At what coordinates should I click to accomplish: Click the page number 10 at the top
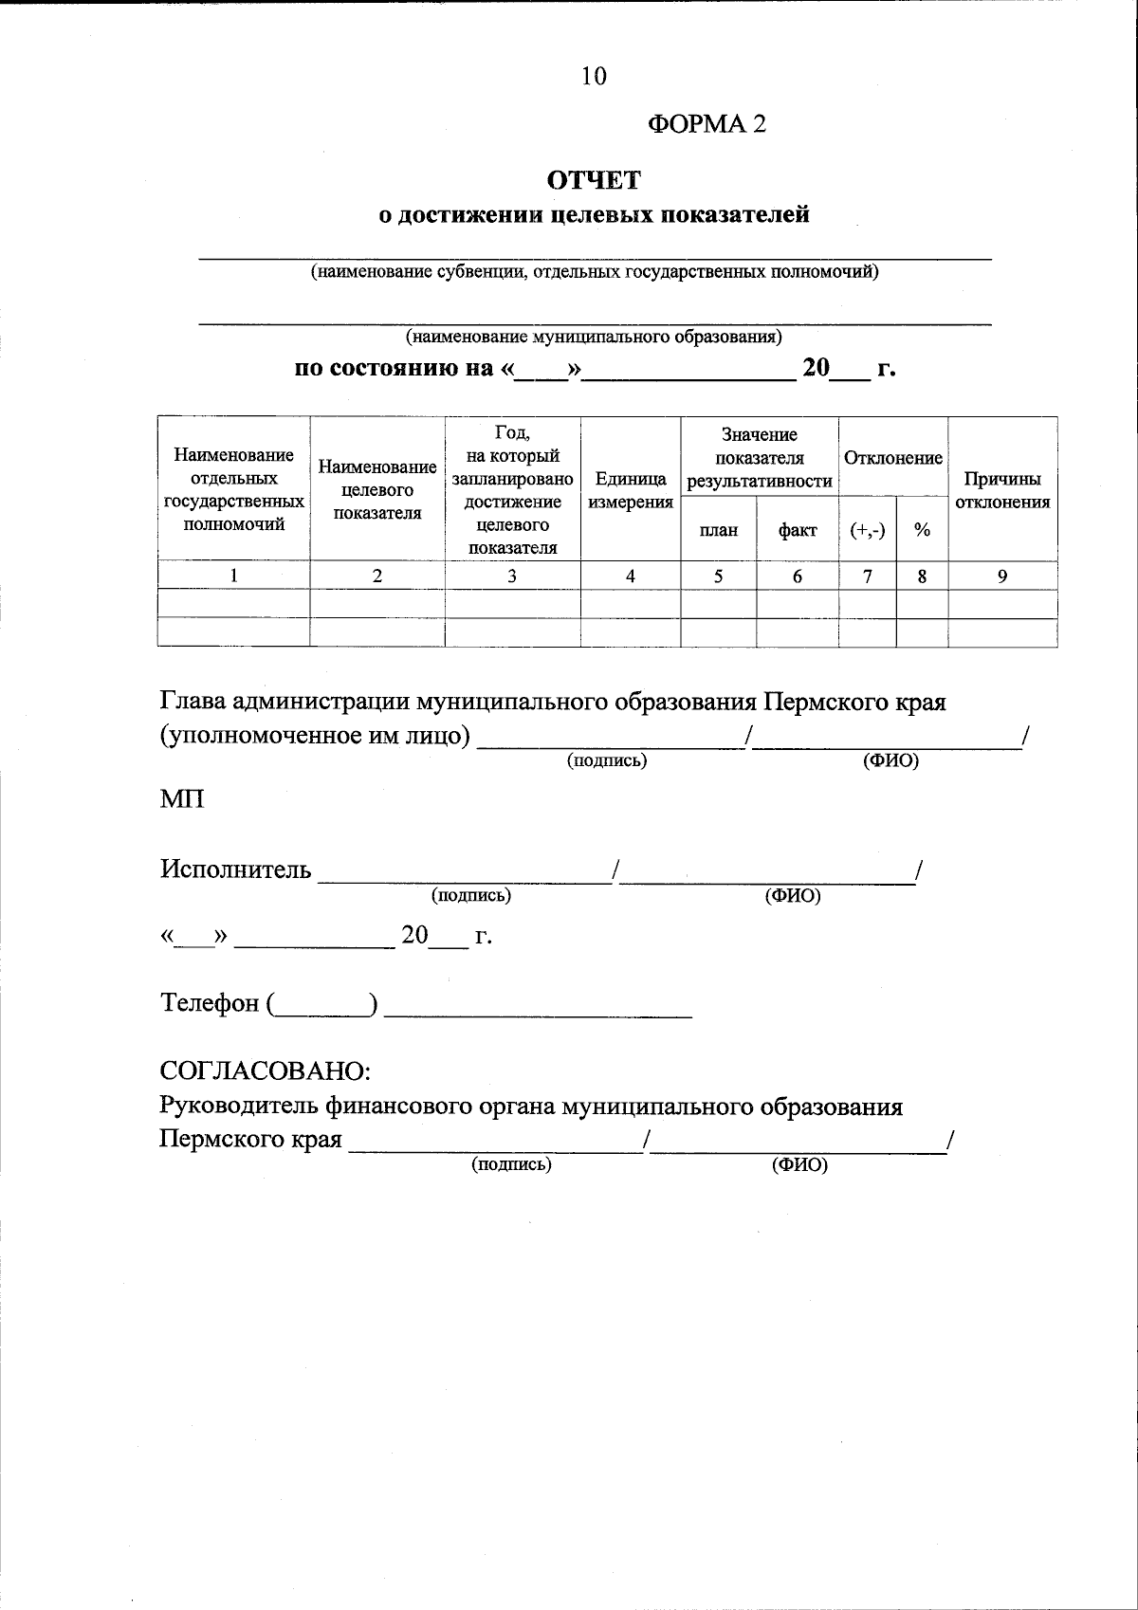pyautogui.click(x=594, y=77)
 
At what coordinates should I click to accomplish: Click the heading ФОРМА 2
pyautogui.click(x=706, y=124)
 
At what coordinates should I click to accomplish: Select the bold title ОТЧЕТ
pyautogui.click(x=594, y=179)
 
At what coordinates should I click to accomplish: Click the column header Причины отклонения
pyautogui.click(x=1002, y=490)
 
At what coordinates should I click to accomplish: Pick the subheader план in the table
pyautogui.click(x=719, y=530)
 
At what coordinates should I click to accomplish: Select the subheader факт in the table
pyautogui.click(x=798, y=530)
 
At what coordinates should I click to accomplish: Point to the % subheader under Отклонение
pyautogui.click(x=922, y=530)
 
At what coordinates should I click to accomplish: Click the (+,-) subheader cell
pyautogui.click(x=868, y=530)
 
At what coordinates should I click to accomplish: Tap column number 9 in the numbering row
pyautogui.click(x=1002, y=576)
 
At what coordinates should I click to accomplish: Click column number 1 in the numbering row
pyautogui.click(x=233, y=576)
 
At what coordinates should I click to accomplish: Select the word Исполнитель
pyautogui.click(x=235, y=869)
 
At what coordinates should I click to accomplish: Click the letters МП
pyautogui.click(x=182, y=799)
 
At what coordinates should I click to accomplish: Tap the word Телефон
pyautogui.click(x=210, y=1003)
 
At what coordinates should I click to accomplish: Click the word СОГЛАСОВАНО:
pyautogui.click(x=265, y=1071)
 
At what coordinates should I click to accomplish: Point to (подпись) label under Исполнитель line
pyautogui.click(x=471, y=895)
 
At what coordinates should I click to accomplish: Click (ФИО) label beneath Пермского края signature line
pyautogui.click(x=800, y=1165)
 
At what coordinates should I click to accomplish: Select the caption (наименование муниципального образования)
pyautogui.click(x=594, y=337)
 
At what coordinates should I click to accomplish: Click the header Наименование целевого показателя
pyautogui.click(x=377, y=490)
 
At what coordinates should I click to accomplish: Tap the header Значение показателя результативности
pyautogui.click(x=760, y=458)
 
